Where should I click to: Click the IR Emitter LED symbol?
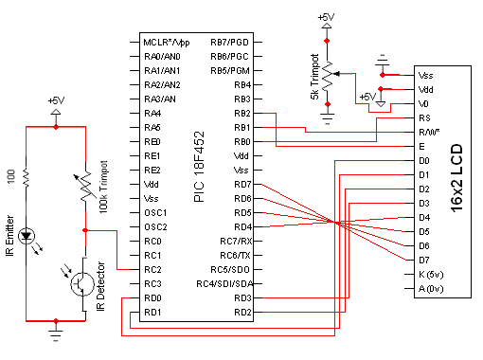pyautogui.click(x=26, y=236)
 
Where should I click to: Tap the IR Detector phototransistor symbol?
pyautogui.click(x=82, y=283)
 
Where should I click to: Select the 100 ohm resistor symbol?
pyautogui.click(x=26, y=178)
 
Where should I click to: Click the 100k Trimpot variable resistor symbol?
pyautogui.click(x=85, y=187)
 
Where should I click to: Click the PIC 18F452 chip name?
pyautogui.click(x=199, y=167)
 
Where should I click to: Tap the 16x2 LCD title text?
pyautogui.click(x=456, y=178)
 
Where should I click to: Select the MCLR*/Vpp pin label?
pyautogui.click(x=167, y=43)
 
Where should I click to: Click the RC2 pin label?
pyautogui.click(x=152, y=270)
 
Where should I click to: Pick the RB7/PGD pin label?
pyautogui.click(x=230, y=42)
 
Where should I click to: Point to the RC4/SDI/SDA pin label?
pyautogui.click(x=224, y=284)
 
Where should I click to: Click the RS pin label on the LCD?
pyautogui.click(x=424, y=118)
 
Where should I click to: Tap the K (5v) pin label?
pyautogui.click(x=431, y=275)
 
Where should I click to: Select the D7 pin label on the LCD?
pyautogui.click(x=424, y=261)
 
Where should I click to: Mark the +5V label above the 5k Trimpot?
pyautogui.click(x=326, y=17)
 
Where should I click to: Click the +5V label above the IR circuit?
pyautogui.click(x=56, y=100)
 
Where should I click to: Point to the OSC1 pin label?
pyautogui.click(x=155, y=213)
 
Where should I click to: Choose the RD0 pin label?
pyautogui.click(x=152, y=298)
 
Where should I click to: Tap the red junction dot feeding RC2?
pyautogui.click(x=85, y=230)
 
